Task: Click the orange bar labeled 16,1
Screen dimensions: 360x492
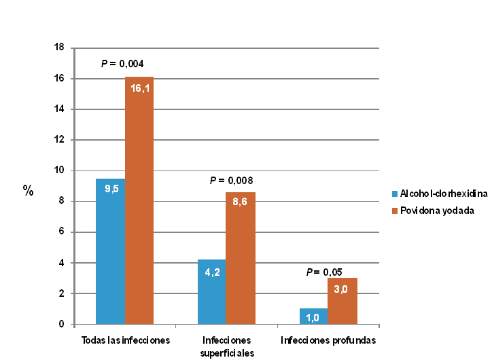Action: (x=139, y=200)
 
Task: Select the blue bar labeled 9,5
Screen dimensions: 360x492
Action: (x=110, y=251)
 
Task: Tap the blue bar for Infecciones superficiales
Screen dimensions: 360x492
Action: (x=212, y=292)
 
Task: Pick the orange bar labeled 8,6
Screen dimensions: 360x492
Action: (x=241, y=258)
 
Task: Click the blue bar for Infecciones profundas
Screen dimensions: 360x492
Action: (x=313, y=317)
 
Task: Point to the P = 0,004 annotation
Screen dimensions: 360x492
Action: (x=122, y=64)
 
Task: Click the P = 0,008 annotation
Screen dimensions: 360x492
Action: (x=231, y=181)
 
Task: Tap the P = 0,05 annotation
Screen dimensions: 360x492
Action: (x=324, y=272)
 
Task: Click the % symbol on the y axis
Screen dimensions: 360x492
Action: (x=28, y=190)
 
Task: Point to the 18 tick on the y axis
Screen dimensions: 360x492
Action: (x=59, y=48)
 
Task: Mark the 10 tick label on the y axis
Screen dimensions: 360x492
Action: (x=59, y=170)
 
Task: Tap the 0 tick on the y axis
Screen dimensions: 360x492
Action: (x=61, y=325)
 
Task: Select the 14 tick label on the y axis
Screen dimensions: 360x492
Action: (x=59, y=109)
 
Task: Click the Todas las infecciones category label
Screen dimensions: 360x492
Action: (x=125, y=340)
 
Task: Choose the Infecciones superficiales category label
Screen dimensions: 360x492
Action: (x=227, y=345)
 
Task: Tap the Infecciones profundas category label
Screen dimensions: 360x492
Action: (x=328, y=340)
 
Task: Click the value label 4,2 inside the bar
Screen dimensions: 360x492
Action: (x=212, y=272)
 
